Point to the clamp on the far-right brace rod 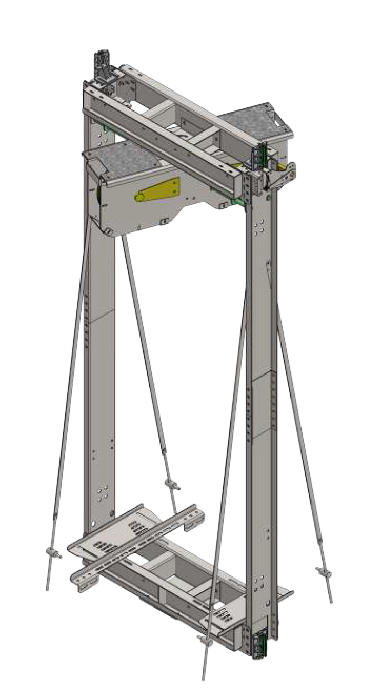pyautogui.click(x=322, y=571)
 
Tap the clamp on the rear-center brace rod pyautogui.click(x=172, y=484)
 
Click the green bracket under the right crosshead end pyautogui.click(x=239, y=201)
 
